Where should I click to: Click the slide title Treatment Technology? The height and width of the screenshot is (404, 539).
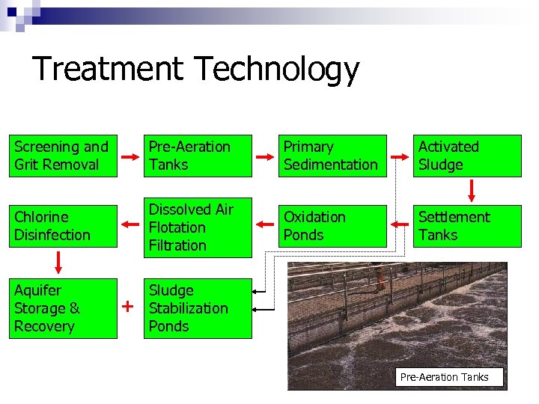click(x=196, y=69)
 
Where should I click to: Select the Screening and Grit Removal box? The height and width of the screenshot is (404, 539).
click(x=63, y=156)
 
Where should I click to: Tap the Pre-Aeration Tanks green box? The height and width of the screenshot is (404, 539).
click(x=198, y=156)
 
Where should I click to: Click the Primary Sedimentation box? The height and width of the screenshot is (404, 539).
click(x=332, y=156)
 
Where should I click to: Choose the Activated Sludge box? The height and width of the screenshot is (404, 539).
click(x=467, y=156)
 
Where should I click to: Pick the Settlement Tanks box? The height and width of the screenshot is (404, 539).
click(x=467, y=226)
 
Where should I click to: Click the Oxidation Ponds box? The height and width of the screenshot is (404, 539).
click(x=332, y=226)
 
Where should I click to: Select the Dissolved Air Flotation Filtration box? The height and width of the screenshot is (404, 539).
click(x=198, y=227)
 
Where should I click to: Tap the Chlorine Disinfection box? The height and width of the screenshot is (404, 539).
click(x=63, y=226)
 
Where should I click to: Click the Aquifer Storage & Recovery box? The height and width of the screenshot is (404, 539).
click(x=63, y=308)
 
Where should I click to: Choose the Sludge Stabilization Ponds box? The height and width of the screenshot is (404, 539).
click(x=198, y=308)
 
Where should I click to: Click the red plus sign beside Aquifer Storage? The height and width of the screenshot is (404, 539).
click(x=128, y=307)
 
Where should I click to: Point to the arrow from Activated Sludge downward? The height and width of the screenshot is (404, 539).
click(x=472, y=191)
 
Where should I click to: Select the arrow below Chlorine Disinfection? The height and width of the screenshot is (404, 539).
click(x=58, y=263)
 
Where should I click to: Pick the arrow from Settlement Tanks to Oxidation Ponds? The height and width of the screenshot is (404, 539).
click(x=399, y=223)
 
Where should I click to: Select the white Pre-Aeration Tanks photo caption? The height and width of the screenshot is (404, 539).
click(x=450, y=377)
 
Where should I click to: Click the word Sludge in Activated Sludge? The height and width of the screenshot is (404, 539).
click(x=441, y=165)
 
